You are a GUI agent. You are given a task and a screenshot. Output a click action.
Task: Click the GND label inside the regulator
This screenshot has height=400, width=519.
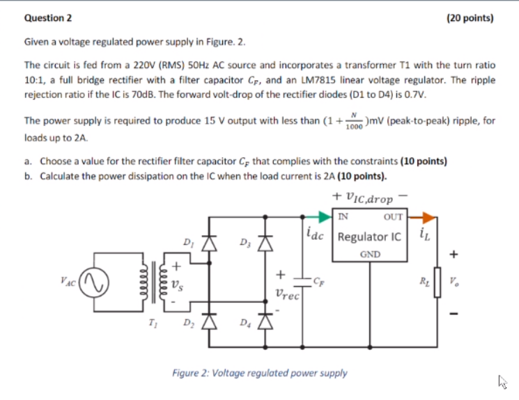pyautogui.click(x=370, y=255)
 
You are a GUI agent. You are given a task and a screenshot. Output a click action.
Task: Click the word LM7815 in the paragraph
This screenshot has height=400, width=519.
pyautogui.click(x=341, y=80)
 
